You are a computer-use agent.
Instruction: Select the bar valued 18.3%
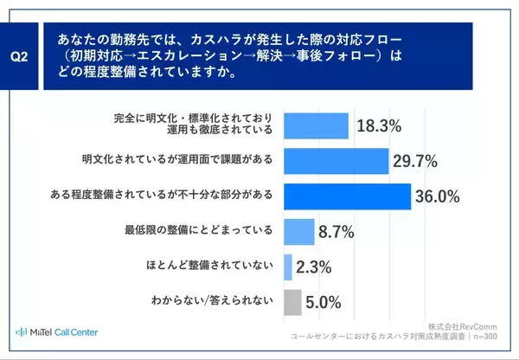click(316, 126)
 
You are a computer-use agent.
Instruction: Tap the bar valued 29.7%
click(336, 161)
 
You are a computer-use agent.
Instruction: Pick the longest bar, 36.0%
click(347, 196)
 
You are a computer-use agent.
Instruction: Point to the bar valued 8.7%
click(298, 231)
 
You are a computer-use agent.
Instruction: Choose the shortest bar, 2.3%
click(288, 267)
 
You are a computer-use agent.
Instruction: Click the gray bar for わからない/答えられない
click(292, 302)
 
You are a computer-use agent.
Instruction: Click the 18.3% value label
click(379, 126)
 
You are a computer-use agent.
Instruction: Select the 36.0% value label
click(436, 196)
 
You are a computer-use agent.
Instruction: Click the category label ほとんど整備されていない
click(207, 266)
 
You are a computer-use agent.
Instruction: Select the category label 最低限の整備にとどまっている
click(200, 230)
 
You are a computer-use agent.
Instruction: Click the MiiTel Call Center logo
click(57, 332)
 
